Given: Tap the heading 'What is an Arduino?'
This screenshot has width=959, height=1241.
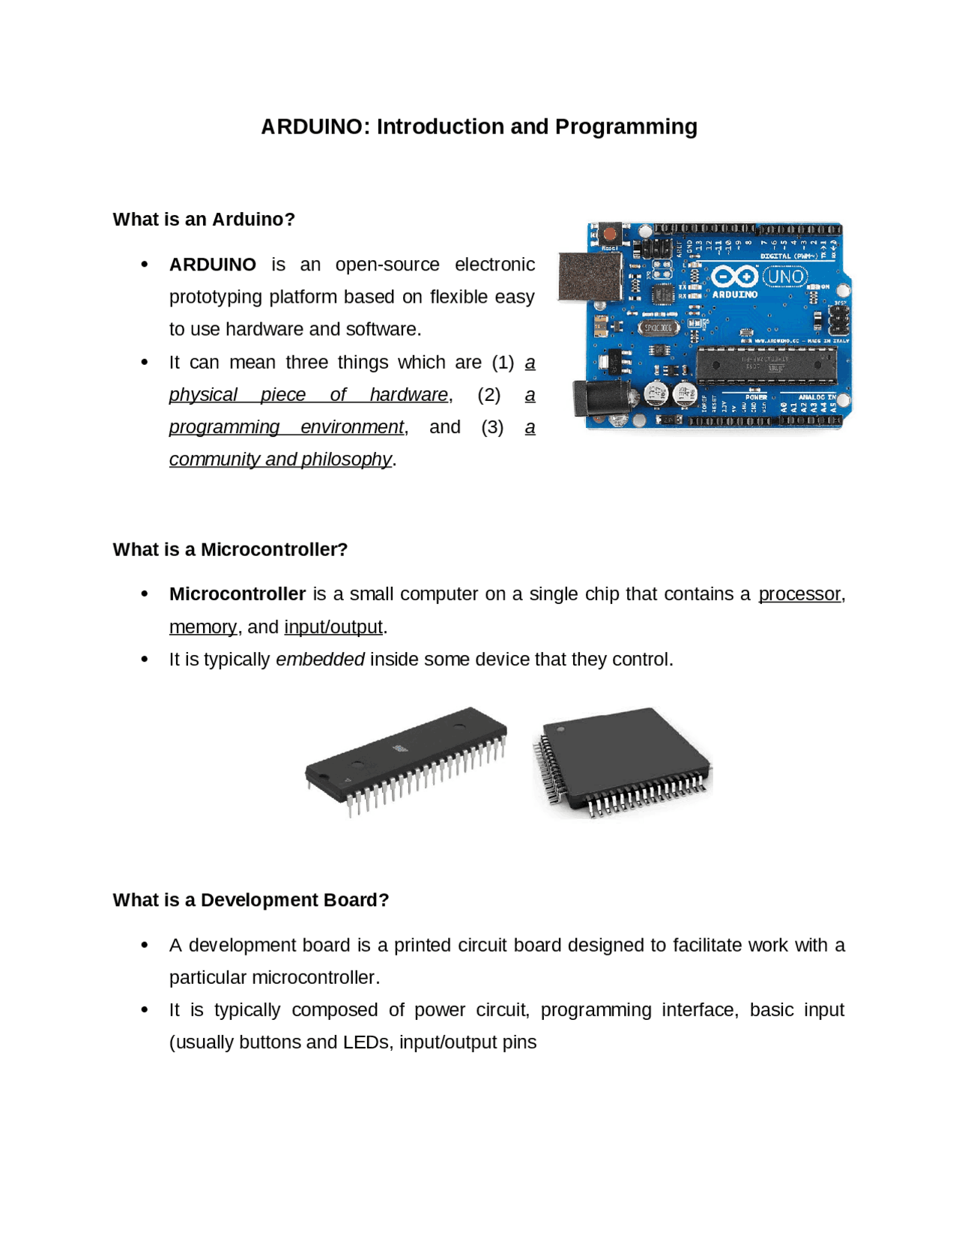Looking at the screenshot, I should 204,220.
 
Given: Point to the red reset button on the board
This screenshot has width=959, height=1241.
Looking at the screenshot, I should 611,234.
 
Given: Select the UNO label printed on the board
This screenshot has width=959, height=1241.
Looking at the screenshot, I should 784,277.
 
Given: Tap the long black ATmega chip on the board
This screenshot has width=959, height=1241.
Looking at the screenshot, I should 766,365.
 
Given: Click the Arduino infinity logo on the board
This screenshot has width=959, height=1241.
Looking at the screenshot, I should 733,277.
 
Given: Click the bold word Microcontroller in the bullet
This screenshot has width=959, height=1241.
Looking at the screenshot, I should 237,594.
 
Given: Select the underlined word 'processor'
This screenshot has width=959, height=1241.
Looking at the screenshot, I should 799,594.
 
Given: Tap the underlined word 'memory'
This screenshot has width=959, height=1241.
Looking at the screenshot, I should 202,627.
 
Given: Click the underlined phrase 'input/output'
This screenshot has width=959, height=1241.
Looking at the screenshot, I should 333,627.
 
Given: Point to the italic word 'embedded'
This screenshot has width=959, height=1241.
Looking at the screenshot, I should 320,659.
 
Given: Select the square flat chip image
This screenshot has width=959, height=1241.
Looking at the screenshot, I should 623,758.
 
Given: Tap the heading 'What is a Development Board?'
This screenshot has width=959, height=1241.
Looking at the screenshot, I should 251,900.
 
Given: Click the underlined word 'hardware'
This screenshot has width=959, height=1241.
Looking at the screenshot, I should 408,395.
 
